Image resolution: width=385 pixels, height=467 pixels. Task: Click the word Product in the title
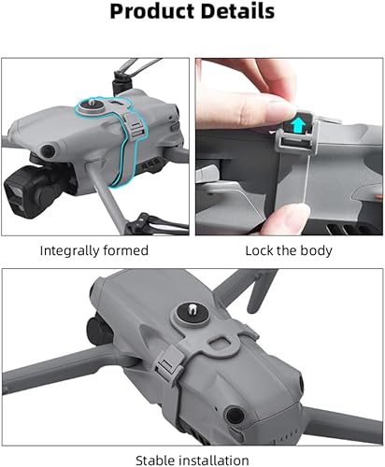pyautogui.click(x=150, y=12)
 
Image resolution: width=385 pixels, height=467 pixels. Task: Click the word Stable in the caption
pyautogui.click(x=154, y=460)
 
